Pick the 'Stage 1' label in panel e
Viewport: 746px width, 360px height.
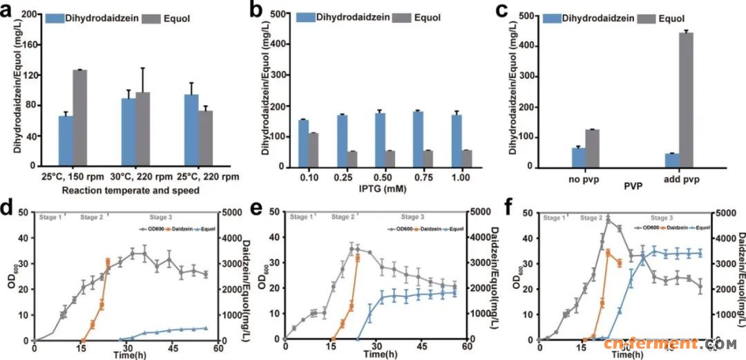[300, 218]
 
